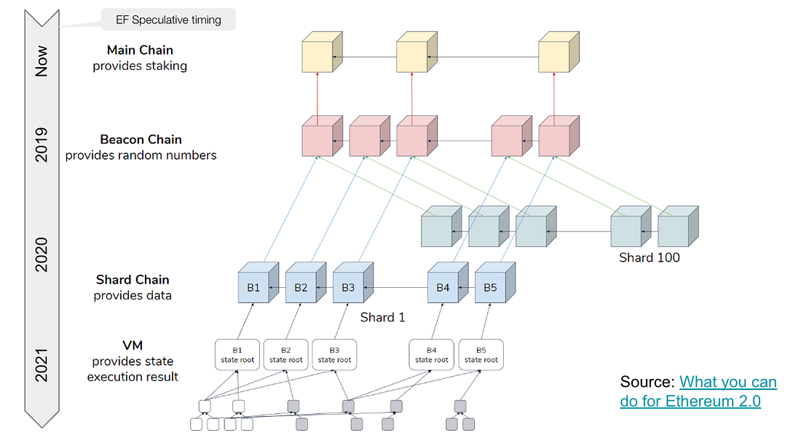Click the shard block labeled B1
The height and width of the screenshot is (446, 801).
[x=253, y=287]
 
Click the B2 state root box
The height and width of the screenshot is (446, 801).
[x=285, y=355]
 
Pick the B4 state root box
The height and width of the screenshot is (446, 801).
[x=431, y=355]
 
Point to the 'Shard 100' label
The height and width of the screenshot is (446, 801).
[x=649, y=257]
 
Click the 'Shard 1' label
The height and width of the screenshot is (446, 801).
[x=382, y=317]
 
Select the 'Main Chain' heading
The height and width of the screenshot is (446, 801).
[x=139, y=50]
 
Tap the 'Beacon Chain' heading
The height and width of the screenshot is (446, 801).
[x=141, y=139]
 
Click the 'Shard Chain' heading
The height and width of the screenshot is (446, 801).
[x=133, y=280]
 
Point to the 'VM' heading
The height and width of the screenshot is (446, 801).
[x=133, y=345]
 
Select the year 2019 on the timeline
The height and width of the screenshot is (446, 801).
[x=42, y=144]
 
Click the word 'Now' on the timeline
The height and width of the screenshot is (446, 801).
[x=42, y=61]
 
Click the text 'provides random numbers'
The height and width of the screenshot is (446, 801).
[x=141, y=154]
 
